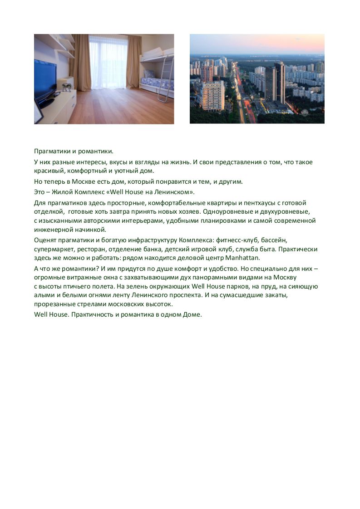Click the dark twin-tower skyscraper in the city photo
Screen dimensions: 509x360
275,84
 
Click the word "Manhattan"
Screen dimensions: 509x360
242,258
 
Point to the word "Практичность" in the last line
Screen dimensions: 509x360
90,314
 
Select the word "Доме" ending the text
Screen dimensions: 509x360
192,314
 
